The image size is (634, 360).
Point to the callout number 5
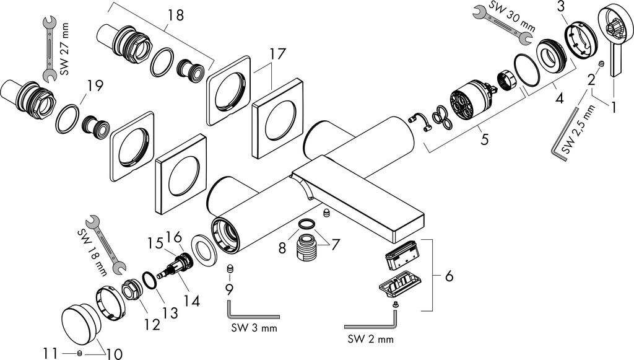484,140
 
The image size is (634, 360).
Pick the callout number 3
560,7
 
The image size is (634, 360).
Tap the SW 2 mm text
370,340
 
